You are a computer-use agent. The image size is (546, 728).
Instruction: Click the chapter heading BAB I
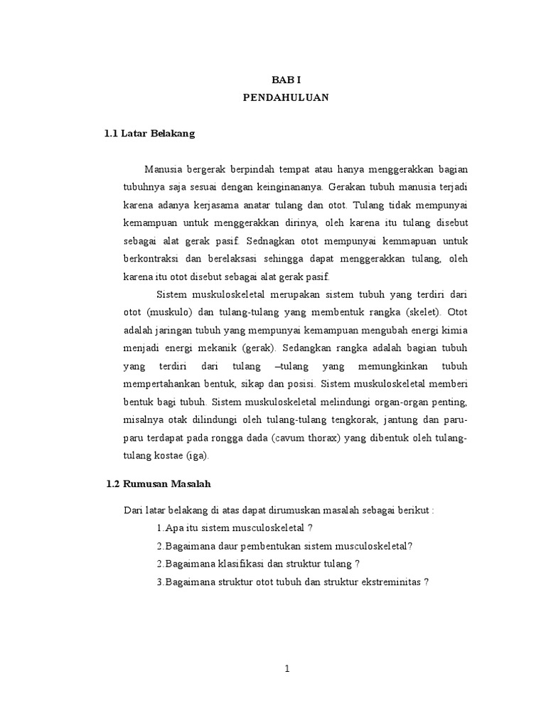tap(283, 82)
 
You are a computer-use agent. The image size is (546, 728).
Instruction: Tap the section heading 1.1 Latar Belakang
tap(149, 133)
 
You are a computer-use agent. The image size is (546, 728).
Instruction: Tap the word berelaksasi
tap(213, 259)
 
